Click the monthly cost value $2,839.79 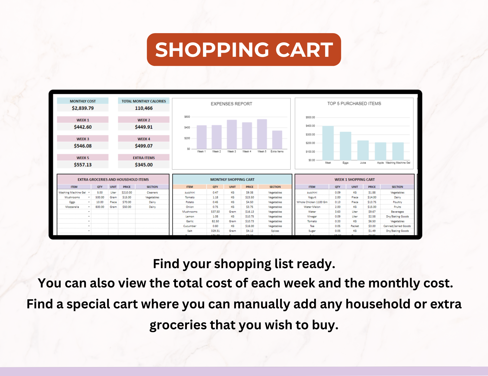click(83, 108)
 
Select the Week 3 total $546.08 click(83, 146)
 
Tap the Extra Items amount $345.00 click(144, 165)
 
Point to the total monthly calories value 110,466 click(144, 108)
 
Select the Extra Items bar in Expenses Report click(277, 140)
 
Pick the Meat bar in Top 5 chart click(328, 143)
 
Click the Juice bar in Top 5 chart click(363, 150)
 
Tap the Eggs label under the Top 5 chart click(345, 163)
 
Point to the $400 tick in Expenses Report click(187, 127)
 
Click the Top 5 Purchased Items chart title click(354, 104)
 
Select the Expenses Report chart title click(231, 104)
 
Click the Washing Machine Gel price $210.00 click(127, 193)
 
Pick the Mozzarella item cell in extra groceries click(72, 207)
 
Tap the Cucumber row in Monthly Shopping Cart click(190, 226)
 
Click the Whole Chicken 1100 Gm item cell click(312, 202)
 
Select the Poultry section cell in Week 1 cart click(397, 202)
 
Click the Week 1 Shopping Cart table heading click(354, 180)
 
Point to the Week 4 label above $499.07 click(144, 139)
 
